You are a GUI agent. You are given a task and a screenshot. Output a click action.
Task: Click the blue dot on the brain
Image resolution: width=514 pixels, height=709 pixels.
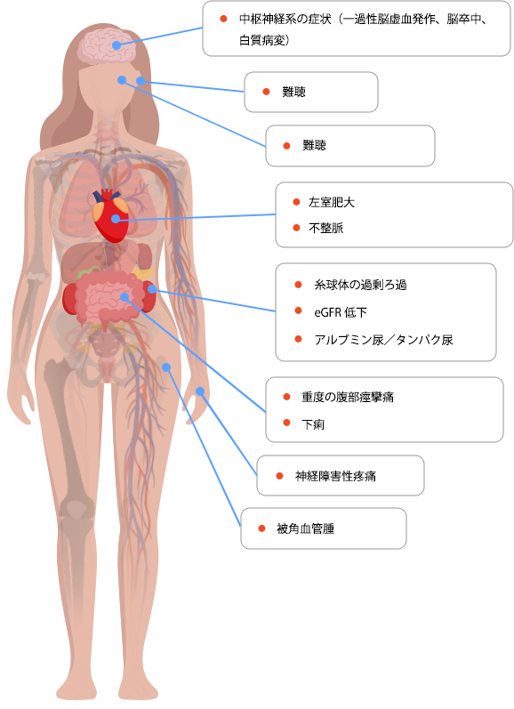point(116,45)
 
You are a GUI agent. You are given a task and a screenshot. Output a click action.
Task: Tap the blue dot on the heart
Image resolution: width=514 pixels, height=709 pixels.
point(116,219)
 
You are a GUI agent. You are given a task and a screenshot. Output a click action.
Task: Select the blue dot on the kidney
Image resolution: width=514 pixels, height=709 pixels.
point(152,289)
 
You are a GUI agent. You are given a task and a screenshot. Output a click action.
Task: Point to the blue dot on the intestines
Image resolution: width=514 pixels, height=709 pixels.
point(124,296)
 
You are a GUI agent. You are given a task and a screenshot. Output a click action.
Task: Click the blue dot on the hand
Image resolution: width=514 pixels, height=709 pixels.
point(200,391)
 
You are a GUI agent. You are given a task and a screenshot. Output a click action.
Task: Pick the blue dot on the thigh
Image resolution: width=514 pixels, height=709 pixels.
point(166,367)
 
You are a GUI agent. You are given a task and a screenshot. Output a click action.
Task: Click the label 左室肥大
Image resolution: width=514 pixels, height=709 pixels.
point(332,202)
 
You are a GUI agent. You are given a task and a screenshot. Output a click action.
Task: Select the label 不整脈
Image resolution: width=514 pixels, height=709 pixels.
point(325,228)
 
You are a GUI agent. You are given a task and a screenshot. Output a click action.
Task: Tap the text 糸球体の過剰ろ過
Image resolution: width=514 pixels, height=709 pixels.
point(360,285)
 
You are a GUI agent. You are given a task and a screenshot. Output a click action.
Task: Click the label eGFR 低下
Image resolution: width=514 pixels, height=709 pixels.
point(341,312)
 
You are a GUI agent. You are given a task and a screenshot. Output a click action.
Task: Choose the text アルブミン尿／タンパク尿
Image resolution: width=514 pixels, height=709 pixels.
point(383,340)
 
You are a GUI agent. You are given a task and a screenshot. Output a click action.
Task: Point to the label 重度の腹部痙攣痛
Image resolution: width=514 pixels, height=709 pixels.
point(347,397)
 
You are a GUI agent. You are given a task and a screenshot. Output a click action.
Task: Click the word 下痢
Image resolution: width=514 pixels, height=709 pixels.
point(313,424)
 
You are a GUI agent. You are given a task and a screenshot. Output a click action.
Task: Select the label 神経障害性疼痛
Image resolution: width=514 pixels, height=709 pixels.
point(335,476)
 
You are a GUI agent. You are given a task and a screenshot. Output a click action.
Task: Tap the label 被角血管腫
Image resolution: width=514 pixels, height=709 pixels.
point(305,528)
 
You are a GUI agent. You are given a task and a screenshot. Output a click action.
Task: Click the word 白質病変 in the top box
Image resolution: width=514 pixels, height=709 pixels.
point(262,40)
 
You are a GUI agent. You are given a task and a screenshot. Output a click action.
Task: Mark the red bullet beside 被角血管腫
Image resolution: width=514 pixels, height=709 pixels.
point(261,528)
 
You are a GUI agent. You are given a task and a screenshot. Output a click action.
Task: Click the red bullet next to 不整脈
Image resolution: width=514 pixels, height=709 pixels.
point(296,228)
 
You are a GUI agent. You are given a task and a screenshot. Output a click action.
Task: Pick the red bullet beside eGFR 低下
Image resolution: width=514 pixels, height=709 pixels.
point(298,310)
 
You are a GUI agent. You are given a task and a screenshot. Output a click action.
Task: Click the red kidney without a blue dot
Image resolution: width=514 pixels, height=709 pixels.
point(69,298)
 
